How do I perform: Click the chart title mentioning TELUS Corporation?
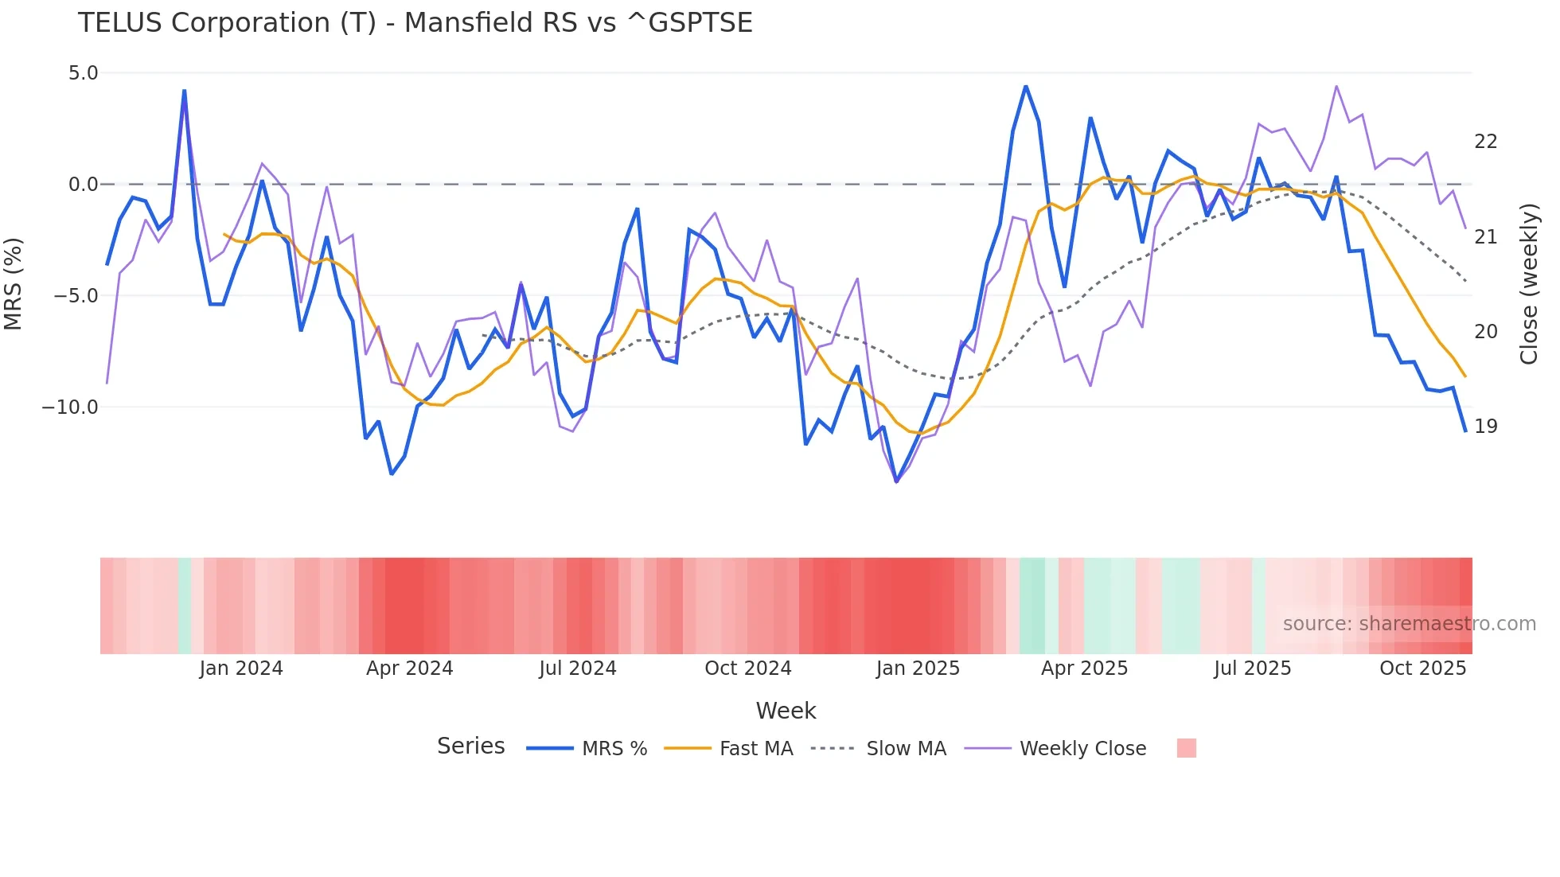(x=415, y=23)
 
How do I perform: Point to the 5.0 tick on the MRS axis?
(x=83, y=73)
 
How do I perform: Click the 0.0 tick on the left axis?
(x=83, y=185)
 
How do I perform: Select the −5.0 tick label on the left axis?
(x=76, y=296)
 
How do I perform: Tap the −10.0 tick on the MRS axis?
(x=70, y=407)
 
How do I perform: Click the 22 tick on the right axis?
(x=1485, y=142)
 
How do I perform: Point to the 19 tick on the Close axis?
(x=1485, y=427)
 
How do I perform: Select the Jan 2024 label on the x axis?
(x=241, y=668)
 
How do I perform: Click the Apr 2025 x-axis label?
(x=1084, y=668)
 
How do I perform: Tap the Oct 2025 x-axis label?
(x=1422, y=668)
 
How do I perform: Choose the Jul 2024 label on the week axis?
(x=578, y=668)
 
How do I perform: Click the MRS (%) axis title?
(x=14, y=283)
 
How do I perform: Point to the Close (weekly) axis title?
(x=1529, y=283)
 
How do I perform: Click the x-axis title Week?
(x=786, y=711)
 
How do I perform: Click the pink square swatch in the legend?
(x=1186, y=748)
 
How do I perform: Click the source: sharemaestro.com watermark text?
(x=1409, y=624)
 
